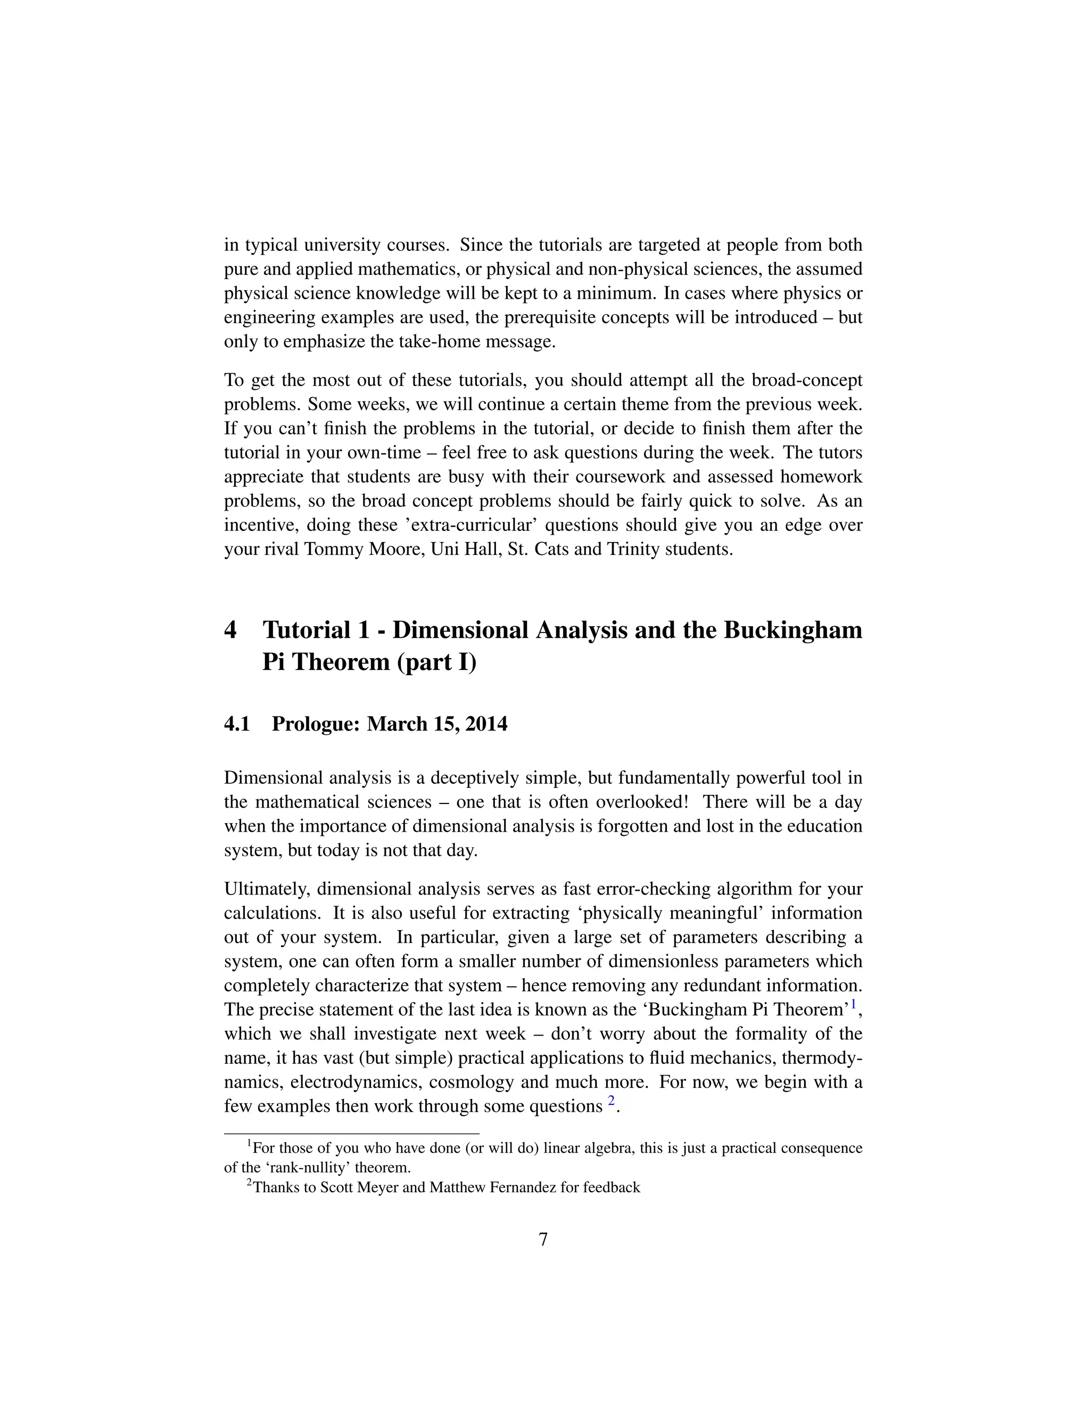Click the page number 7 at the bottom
(x=543, y=1239)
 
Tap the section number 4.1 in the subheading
(x=237, y=724)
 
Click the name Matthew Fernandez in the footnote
(x=493, y=1187)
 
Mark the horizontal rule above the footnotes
(x=351, y=1133)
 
